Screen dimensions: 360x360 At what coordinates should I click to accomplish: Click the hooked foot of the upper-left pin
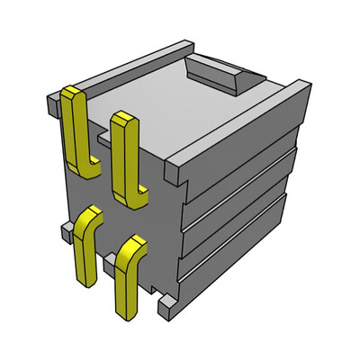tap(90, 167)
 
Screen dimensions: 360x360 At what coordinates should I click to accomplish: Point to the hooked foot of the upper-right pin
tap(139, 196)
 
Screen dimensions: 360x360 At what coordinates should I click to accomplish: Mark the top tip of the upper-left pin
tap(72, 91)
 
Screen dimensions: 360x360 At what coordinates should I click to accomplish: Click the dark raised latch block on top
tap(216, 74)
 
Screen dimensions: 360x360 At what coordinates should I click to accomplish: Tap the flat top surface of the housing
tap(171, 103)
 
